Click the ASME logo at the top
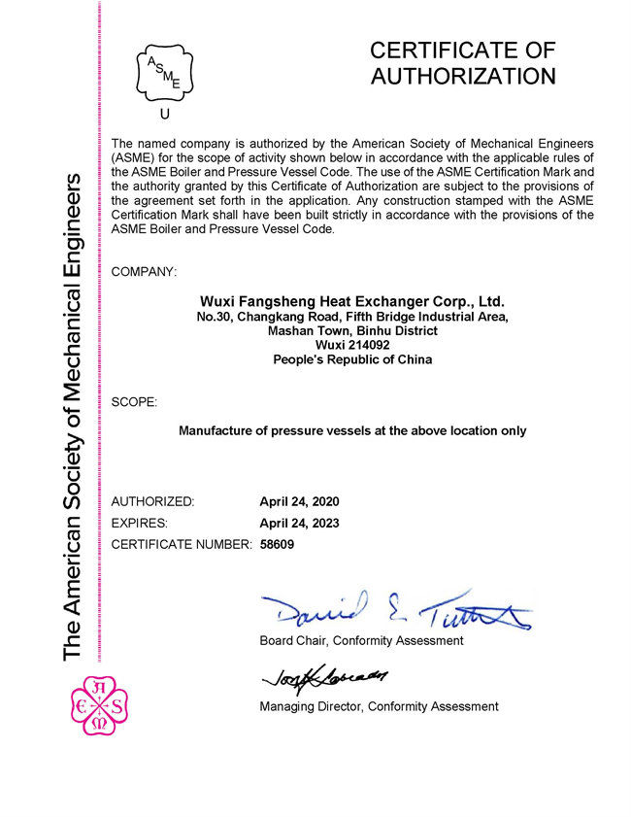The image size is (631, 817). click(164, 68)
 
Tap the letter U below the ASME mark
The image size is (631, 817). click(164, 115)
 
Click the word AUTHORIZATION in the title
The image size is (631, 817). click(463, 76)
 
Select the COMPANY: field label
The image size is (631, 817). click(145, 271)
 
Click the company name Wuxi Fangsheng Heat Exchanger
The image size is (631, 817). click(351, 301)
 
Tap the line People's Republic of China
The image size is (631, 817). click(351, 359)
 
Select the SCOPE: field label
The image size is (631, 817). click(134, 401)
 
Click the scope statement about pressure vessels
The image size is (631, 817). click(352, 429)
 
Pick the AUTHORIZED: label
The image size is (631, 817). click(153, 501)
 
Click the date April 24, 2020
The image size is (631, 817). click(299, 501)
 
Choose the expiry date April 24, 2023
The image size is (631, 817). click(299, 523)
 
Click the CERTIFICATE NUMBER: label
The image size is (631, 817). click(182, 544)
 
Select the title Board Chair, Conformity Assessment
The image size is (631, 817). click(361, 640)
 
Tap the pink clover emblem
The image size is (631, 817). click(99, 704)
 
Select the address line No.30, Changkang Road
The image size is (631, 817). click(351, 317)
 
